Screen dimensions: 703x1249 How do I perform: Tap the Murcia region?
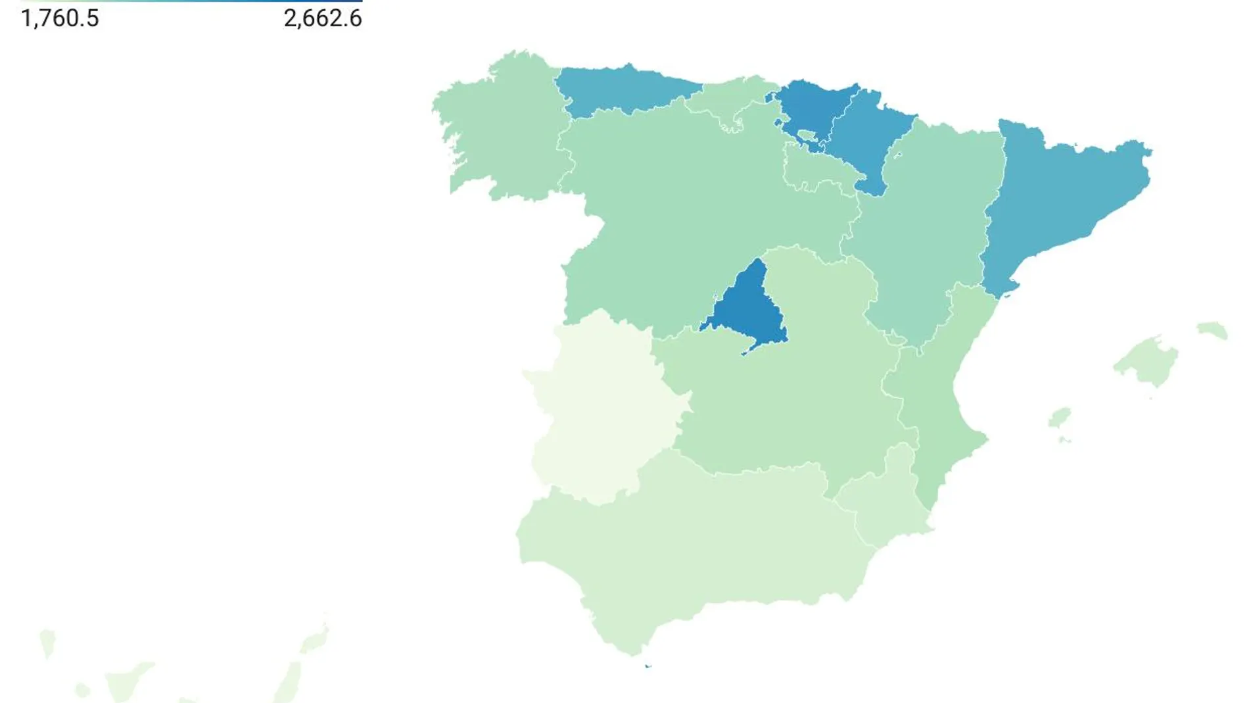(881, 500)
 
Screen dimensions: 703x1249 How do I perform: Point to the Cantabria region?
(730, 99)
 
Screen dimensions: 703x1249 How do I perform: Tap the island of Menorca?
(1212, 329)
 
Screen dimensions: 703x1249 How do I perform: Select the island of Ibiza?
(1059, 418)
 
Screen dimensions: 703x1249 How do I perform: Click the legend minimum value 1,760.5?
(60, 18)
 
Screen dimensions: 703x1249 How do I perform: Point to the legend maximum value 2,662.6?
(323, 18)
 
